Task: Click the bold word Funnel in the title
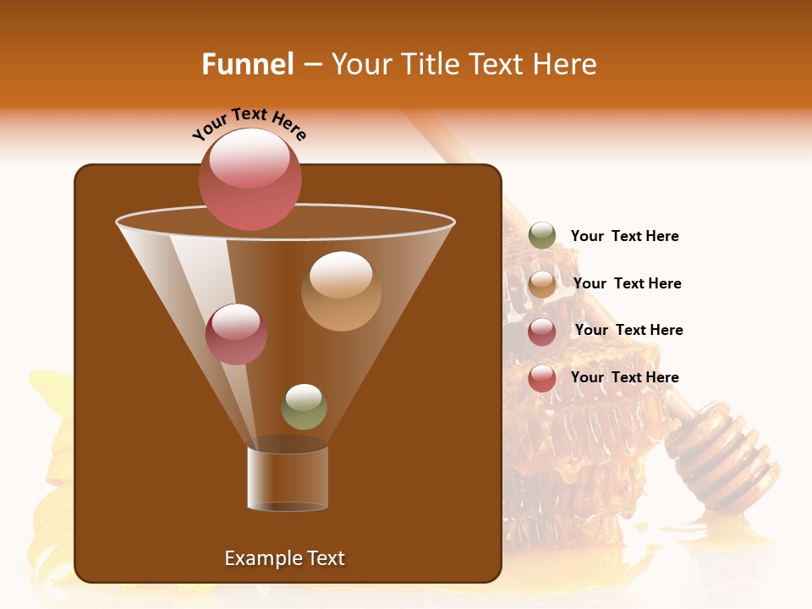(x=248, y=64)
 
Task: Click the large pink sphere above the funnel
(x=250, y=178)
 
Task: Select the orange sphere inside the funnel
(x=341, y=291)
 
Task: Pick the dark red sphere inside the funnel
(x=236, y=334)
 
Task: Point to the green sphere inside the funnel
(x=304, y=407)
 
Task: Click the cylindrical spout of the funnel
(x=288, y=479)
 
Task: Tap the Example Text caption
(x=284, y=558)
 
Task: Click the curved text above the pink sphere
(x=250, y=123)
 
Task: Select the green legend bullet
(x=542, y=236)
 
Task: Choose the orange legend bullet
(x=542, y=284)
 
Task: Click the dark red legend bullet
(x=542, y=332)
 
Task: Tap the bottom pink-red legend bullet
(x=542, y=378)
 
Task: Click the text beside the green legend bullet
(x=624, y=237)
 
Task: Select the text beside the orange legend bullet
(x=627, y=283)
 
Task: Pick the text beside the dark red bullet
(x=628, y=330)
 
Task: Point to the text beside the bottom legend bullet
(x=624, y=377)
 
